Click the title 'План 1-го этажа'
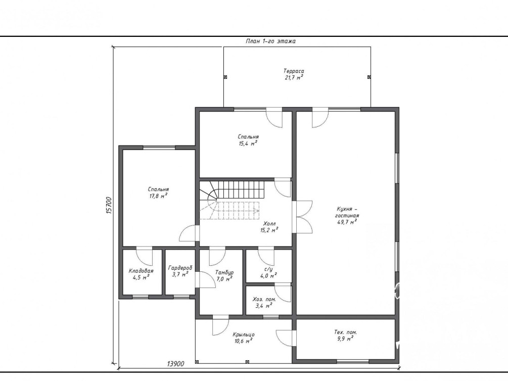click(270, 41)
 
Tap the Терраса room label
click(294, 71)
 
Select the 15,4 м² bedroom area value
click(248, 144)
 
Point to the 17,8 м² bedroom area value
click(158, 196)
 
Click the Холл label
click(269, 223)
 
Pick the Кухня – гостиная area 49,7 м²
click(347, 222)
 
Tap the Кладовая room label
click(141, 271)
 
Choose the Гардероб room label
click(180, 268)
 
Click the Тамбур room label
click(224, 272)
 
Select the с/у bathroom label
click(268, 269)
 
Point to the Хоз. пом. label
click(264, 299)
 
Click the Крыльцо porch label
click(243, 335)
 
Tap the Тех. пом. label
click(345, 332)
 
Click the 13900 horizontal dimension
click(175, 364)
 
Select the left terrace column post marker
click(225, 77)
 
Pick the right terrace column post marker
click(369, 77)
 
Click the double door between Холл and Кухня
click(302, 217)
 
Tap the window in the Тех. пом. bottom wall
click(352, 361)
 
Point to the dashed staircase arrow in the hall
click(238, 211)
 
